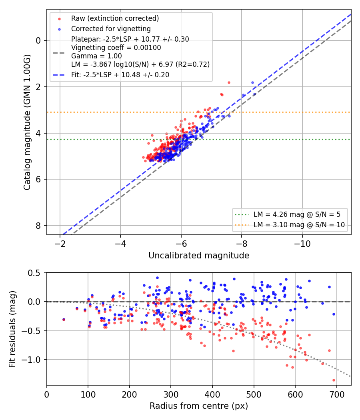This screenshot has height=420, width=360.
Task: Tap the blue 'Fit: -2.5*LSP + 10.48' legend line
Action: pos(59,75)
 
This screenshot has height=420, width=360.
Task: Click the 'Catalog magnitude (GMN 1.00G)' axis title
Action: pos(27,122)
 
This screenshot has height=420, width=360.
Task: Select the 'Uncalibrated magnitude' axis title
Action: pos(199,256)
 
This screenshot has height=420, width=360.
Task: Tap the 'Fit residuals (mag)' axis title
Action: pos(12,329)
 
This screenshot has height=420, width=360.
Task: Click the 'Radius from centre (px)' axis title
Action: pos(199,406)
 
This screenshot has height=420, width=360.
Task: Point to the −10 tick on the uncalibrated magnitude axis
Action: pos(302,244)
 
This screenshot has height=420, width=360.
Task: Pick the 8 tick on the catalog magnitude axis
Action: pos(38,226)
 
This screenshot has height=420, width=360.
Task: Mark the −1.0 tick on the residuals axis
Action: pos(31,360)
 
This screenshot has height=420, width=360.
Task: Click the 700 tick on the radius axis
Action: pos(337,394)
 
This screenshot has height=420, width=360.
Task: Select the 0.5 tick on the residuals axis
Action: pos(34,273)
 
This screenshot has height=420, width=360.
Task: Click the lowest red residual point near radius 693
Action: pos(334,380)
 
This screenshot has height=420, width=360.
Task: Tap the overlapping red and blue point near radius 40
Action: pos(64,320)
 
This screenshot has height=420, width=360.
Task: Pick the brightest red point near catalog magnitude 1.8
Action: pos(229,83)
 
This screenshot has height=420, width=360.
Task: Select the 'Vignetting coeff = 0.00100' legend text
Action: pos(116,48)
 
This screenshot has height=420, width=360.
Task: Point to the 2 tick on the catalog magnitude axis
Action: pos(38,87)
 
